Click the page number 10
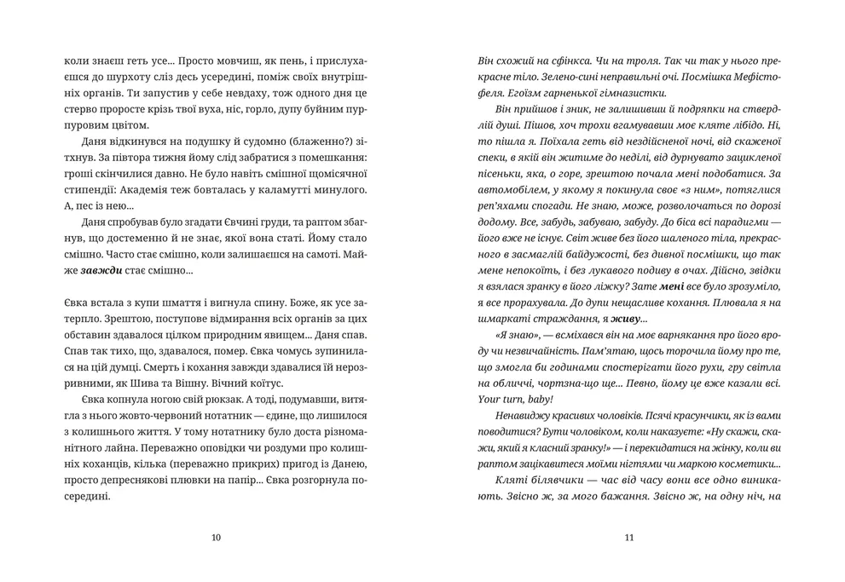(215, 537)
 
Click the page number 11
(629, 537)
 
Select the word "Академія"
(237, 187)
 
